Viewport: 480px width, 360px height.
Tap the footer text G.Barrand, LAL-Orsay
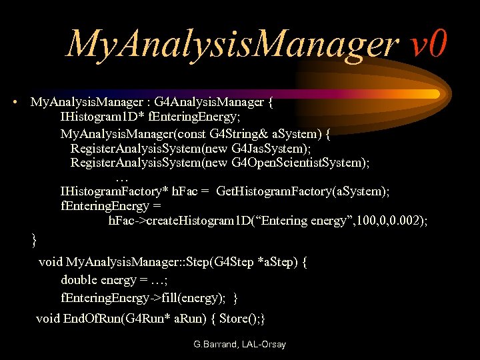tap(239, 345)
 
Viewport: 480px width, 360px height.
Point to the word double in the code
tap(79, 279)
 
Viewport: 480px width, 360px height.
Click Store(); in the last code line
tap(242, 318)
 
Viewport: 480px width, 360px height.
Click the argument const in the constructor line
tap(196, 133)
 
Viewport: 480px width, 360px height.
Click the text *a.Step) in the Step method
tap(279, 261)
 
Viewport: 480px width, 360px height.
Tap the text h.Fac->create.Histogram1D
tap(178, 221)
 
